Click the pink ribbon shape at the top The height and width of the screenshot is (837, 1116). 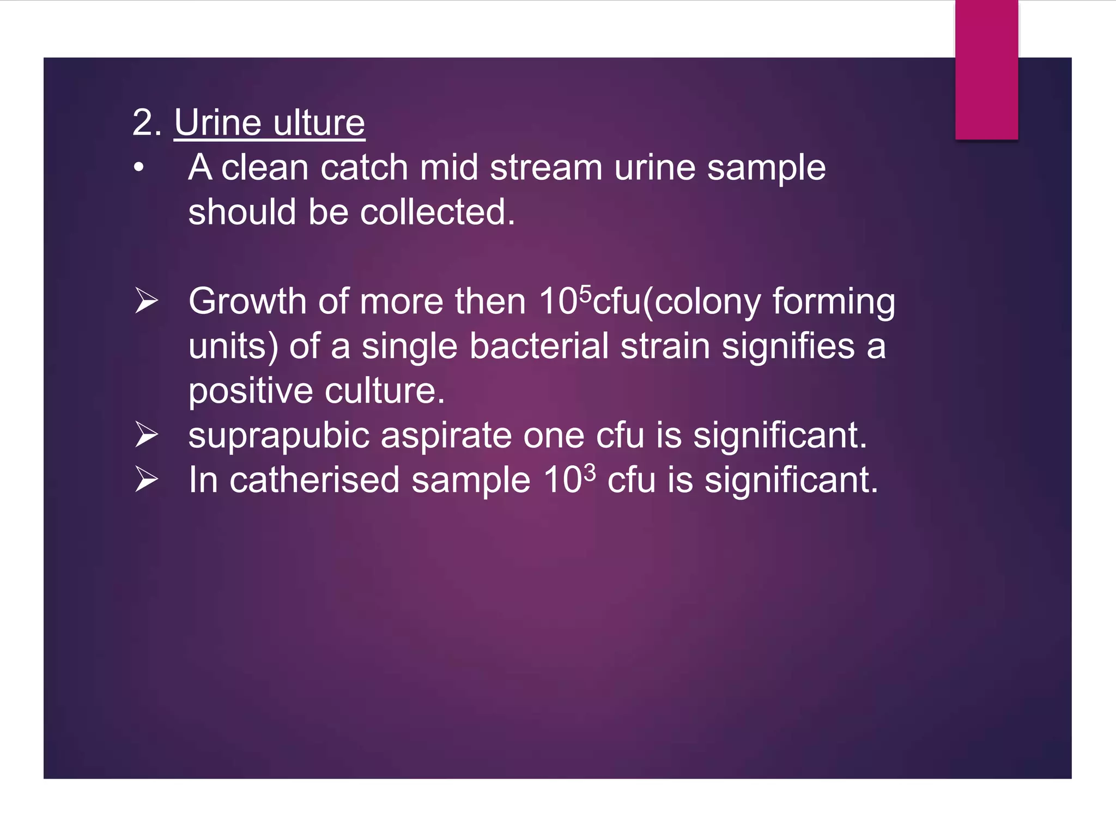986,70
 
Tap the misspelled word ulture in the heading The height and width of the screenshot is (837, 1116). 319,123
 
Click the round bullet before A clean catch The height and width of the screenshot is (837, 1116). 139,168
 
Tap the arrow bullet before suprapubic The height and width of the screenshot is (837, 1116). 147,435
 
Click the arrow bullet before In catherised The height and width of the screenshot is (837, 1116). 147,480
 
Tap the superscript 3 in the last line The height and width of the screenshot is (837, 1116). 590,472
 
